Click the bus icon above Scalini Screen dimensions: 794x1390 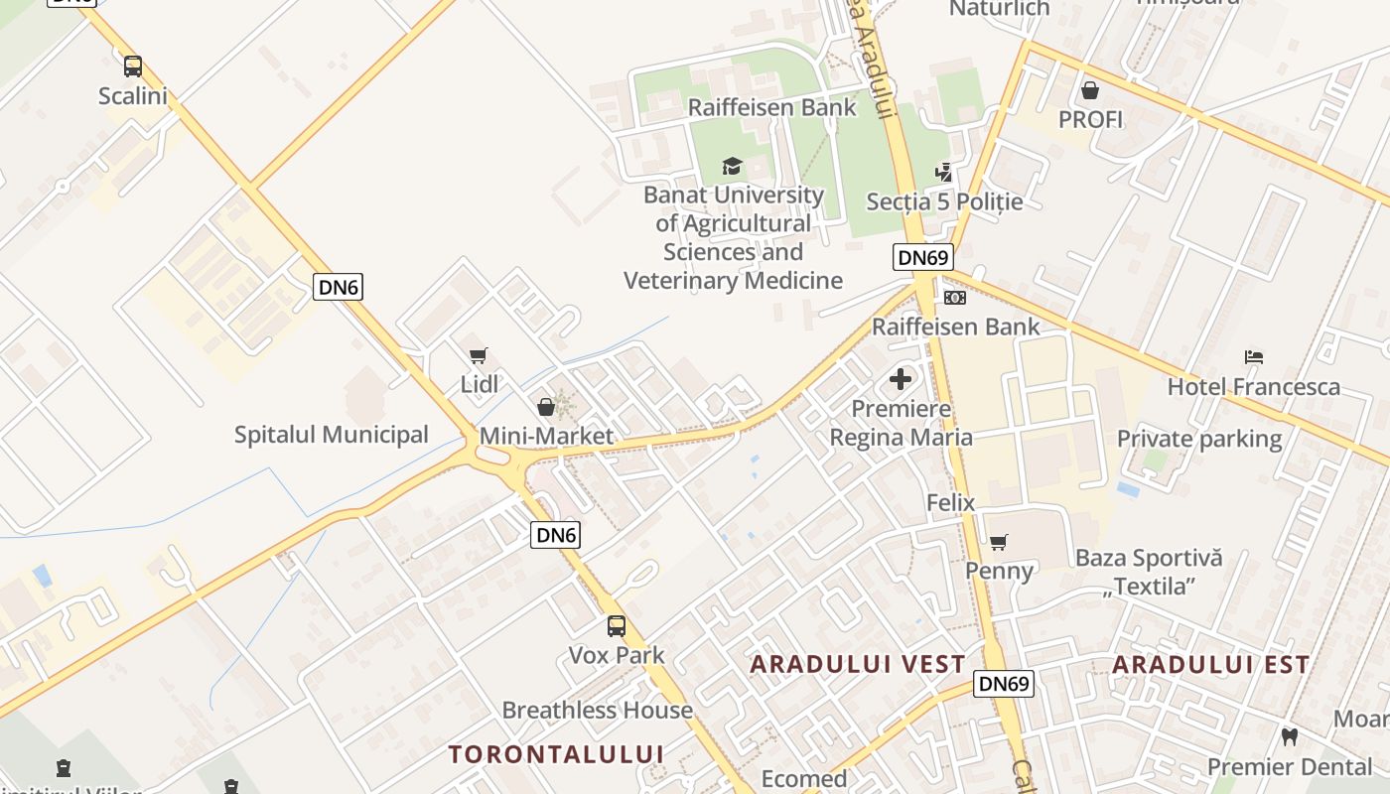[133, 66]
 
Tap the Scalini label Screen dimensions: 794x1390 [133, 96]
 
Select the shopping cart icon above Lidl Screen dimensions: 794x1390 [479, 355]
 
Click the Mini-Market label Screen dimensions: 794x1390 [546, 437]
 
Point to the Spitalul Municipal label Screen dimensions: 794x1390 [332, 435]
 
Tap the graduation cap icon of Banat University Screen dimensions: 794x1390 [732, 166]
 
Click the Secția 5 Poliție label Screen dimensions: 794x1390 [944, 202]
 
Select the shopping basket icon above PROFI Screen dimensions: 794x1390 [1090, 90]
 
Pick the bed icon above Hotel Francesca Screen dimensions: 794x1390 [1254, 357]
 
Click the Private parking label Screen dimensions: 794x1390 [1199, 439]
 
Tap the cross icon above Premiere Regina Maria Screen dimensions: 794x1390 [901, 379]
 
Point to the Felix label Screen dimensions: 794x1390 [951, 503]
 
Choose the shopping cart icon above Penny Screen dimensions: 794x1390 [999, 542]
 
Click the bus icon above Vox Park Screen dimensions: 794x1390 [617, 626]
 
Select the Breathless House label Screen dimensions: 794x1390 [597, 711]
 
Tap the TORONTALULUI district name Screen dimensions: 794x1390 [556, 754]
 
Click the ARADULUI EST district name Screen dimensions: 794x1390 [1211, 665]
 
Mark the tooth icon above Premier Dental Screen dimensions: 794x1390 [1290, 736]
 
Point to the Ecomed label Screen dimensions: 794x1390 [804, 779]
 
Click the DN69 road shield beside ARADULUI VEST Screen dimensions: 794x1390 [1004, 684]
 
